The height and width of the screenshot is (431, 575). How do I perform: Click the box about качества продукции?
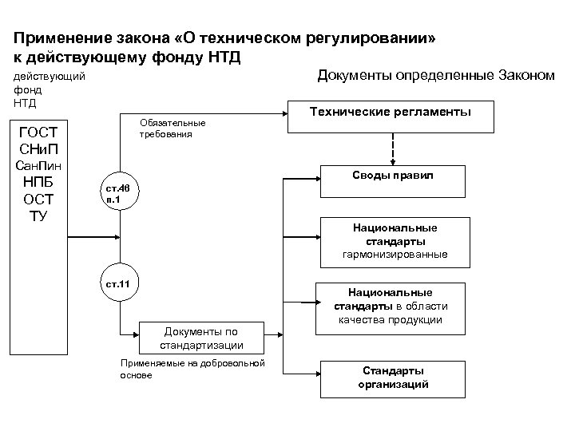click(390, 306)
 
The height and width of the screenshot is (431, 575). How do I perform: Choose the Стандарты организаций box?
click(393, 378)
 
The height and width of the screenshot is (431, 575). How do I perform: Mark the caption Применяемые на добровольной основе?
click(191, 368)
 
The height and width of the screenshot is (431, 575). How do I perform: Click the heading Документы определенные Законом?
click(435, 76)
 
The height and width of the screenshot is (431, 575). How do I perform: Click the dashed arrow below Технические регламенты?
click(392, 146)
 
